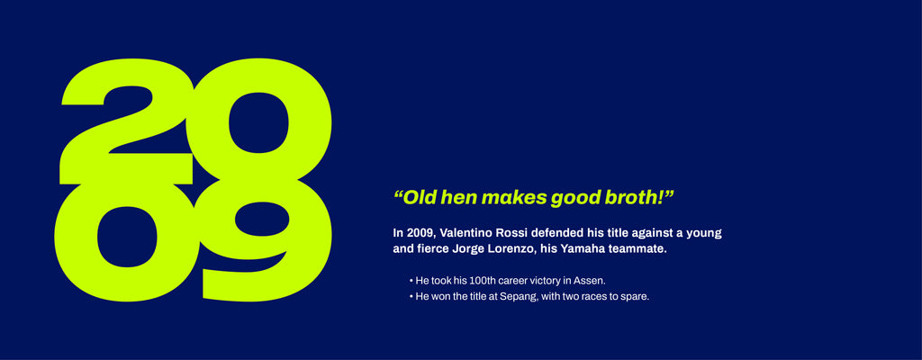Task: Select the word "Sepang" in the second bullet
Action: (x=519, y=297)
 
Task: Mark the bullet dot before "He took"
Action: (x=411, y=281)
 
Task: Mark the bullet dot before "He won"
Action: (x=411, y=297)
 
